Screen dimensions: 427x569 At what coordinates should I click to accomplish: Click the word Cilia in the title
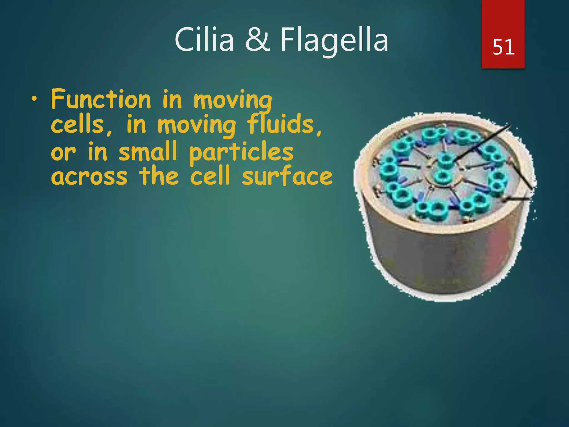[x=204, y=40]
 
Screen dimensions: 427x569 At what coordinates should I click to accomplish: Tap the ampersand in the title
[x=257, y=40]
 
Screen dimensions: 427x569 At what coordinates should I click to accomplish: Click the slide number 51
[x=503, y=47]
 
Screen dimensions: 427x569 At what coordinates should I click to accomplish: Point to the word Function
[x=101, y=99]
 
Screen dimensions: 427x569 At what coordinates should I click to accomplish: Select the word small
[x=148, y=152]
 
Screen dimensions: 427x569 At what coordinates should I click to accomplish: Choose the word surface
[x=287, y=176]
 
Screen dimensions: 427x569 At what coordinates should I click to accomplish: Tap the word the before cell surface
[x=159, y=176]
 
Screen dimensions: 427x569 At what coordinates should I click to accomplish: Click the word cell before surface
[x=210, y=176]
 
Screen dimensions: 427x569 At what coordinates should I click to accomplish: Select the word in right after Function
[x=172, y=99]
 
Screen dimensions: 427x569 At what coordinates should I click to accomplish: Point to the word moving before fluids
[x=197, y=125]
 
